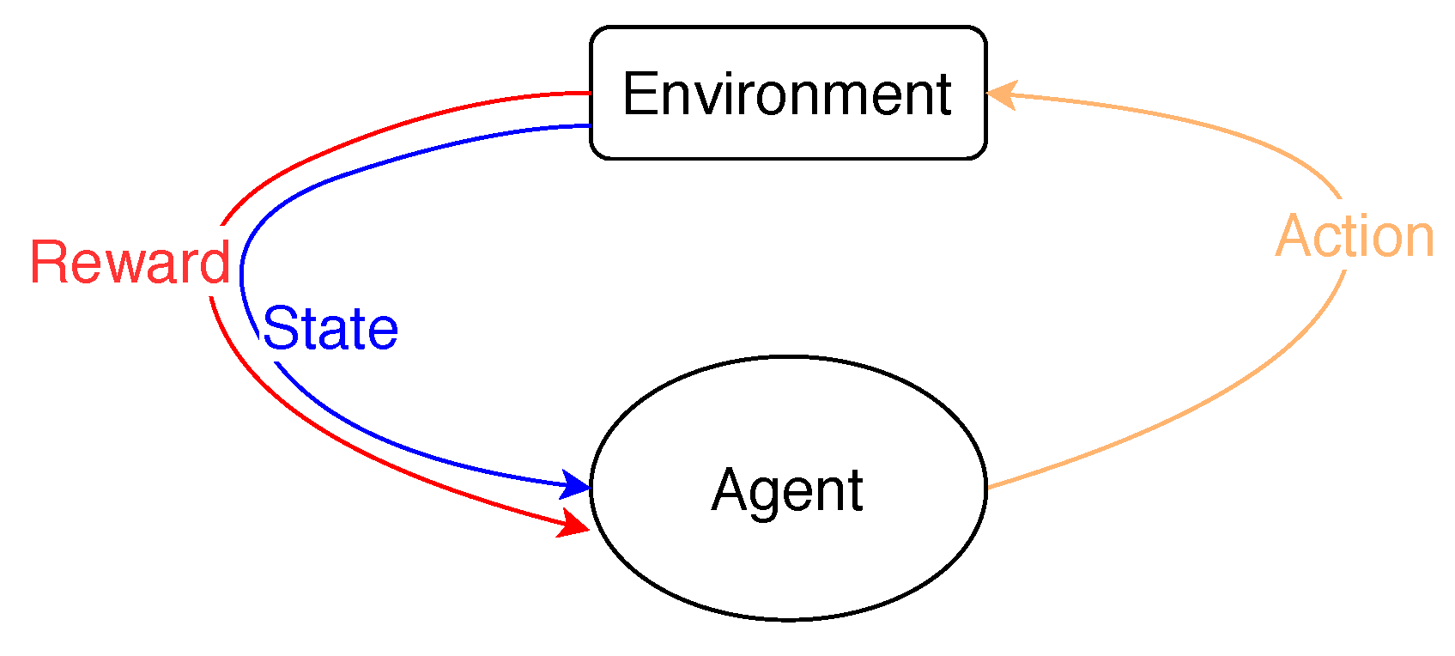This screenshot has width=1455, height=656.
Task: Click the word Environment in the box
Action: [787, 94]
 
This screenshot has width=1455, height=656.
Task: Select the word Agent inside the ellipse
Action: [787, 490]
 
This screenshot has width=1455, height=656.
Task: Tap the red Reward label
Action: [130, 262]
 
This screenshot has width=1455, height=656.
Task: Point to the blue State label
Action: [330, 328]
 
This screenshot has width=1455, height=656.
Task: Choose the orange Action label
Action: [1355, 236]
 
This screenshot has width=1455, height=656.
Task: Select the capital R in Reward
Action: [49, 262]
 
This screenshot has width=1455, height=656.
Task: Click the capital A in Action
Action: [1294, 236]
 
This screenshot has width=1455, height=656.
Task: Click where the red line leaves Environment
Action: [589, 93]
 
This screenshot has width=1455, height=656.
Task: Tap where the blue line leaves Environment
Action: [589, 126]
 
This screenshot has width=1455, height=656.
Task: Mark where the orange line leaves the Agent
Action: [989, 488]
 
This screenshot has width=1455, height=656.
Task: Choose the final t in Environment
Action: [943, 94]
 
